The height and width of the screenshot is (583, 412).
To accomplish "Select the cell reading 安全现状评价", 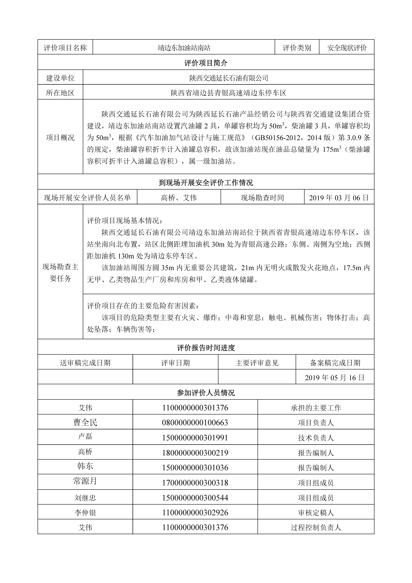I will tap(347, 48).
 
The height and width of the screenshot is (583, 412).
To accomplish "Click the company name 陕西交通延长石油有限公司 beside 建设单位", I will tap(229, 78).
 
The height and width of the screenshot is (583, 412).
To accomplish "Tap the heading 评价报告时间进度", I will tap(206, 348).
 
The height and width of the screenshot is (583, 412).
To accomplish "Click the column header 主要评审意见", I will tap(257, 363).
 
